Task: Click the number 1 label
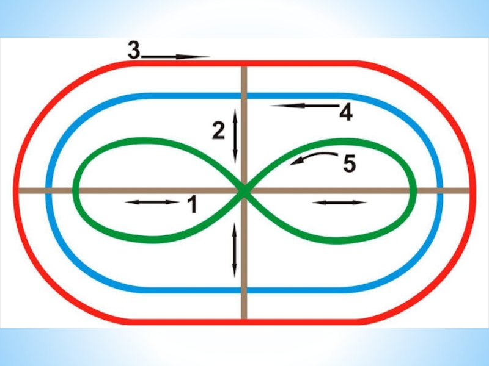[x=191, y=204]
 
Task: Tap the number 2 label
[x=218, y=131]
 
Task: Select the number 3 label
[x=133, y=50]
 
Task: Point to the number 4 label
[x=346, y=112]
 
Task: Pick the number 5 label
[x=349, y=163]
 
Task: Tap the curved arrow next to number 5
[x=309, y=158]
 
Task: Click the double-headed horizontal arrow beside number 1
[x=152, y=202]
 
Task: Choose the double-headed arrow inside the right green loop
[x=339, y=202]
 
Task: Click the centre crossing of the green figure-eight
[x=244, y=192]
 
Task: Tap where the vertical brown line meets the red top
[x=244, y=63]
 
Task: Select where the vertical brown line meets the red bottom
[x=244, y=320]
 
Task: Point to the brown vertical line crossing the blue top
[x=244, y=96]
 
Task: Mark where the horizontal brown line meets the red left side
[x=17, y=191]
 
